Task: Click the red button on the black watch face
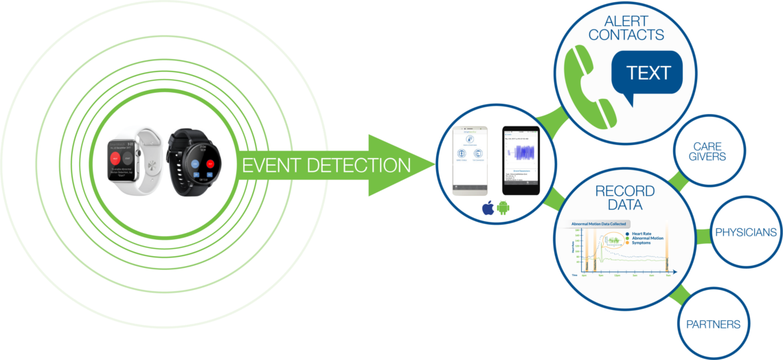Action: point(209,164)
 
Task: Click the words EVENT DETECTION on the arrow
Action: point(326,165)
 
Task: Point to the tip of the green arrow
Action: point(434,165)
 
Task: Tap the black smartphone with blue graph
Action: point(520,159)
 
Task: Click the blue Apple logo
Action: point(488,208)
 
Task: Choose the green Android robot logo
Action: point(503,208)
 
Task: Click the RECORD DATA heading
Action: point(625,198)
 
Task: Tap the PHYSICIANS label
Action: point(746,232)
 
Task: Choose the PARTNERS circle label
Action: point(713,324)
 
